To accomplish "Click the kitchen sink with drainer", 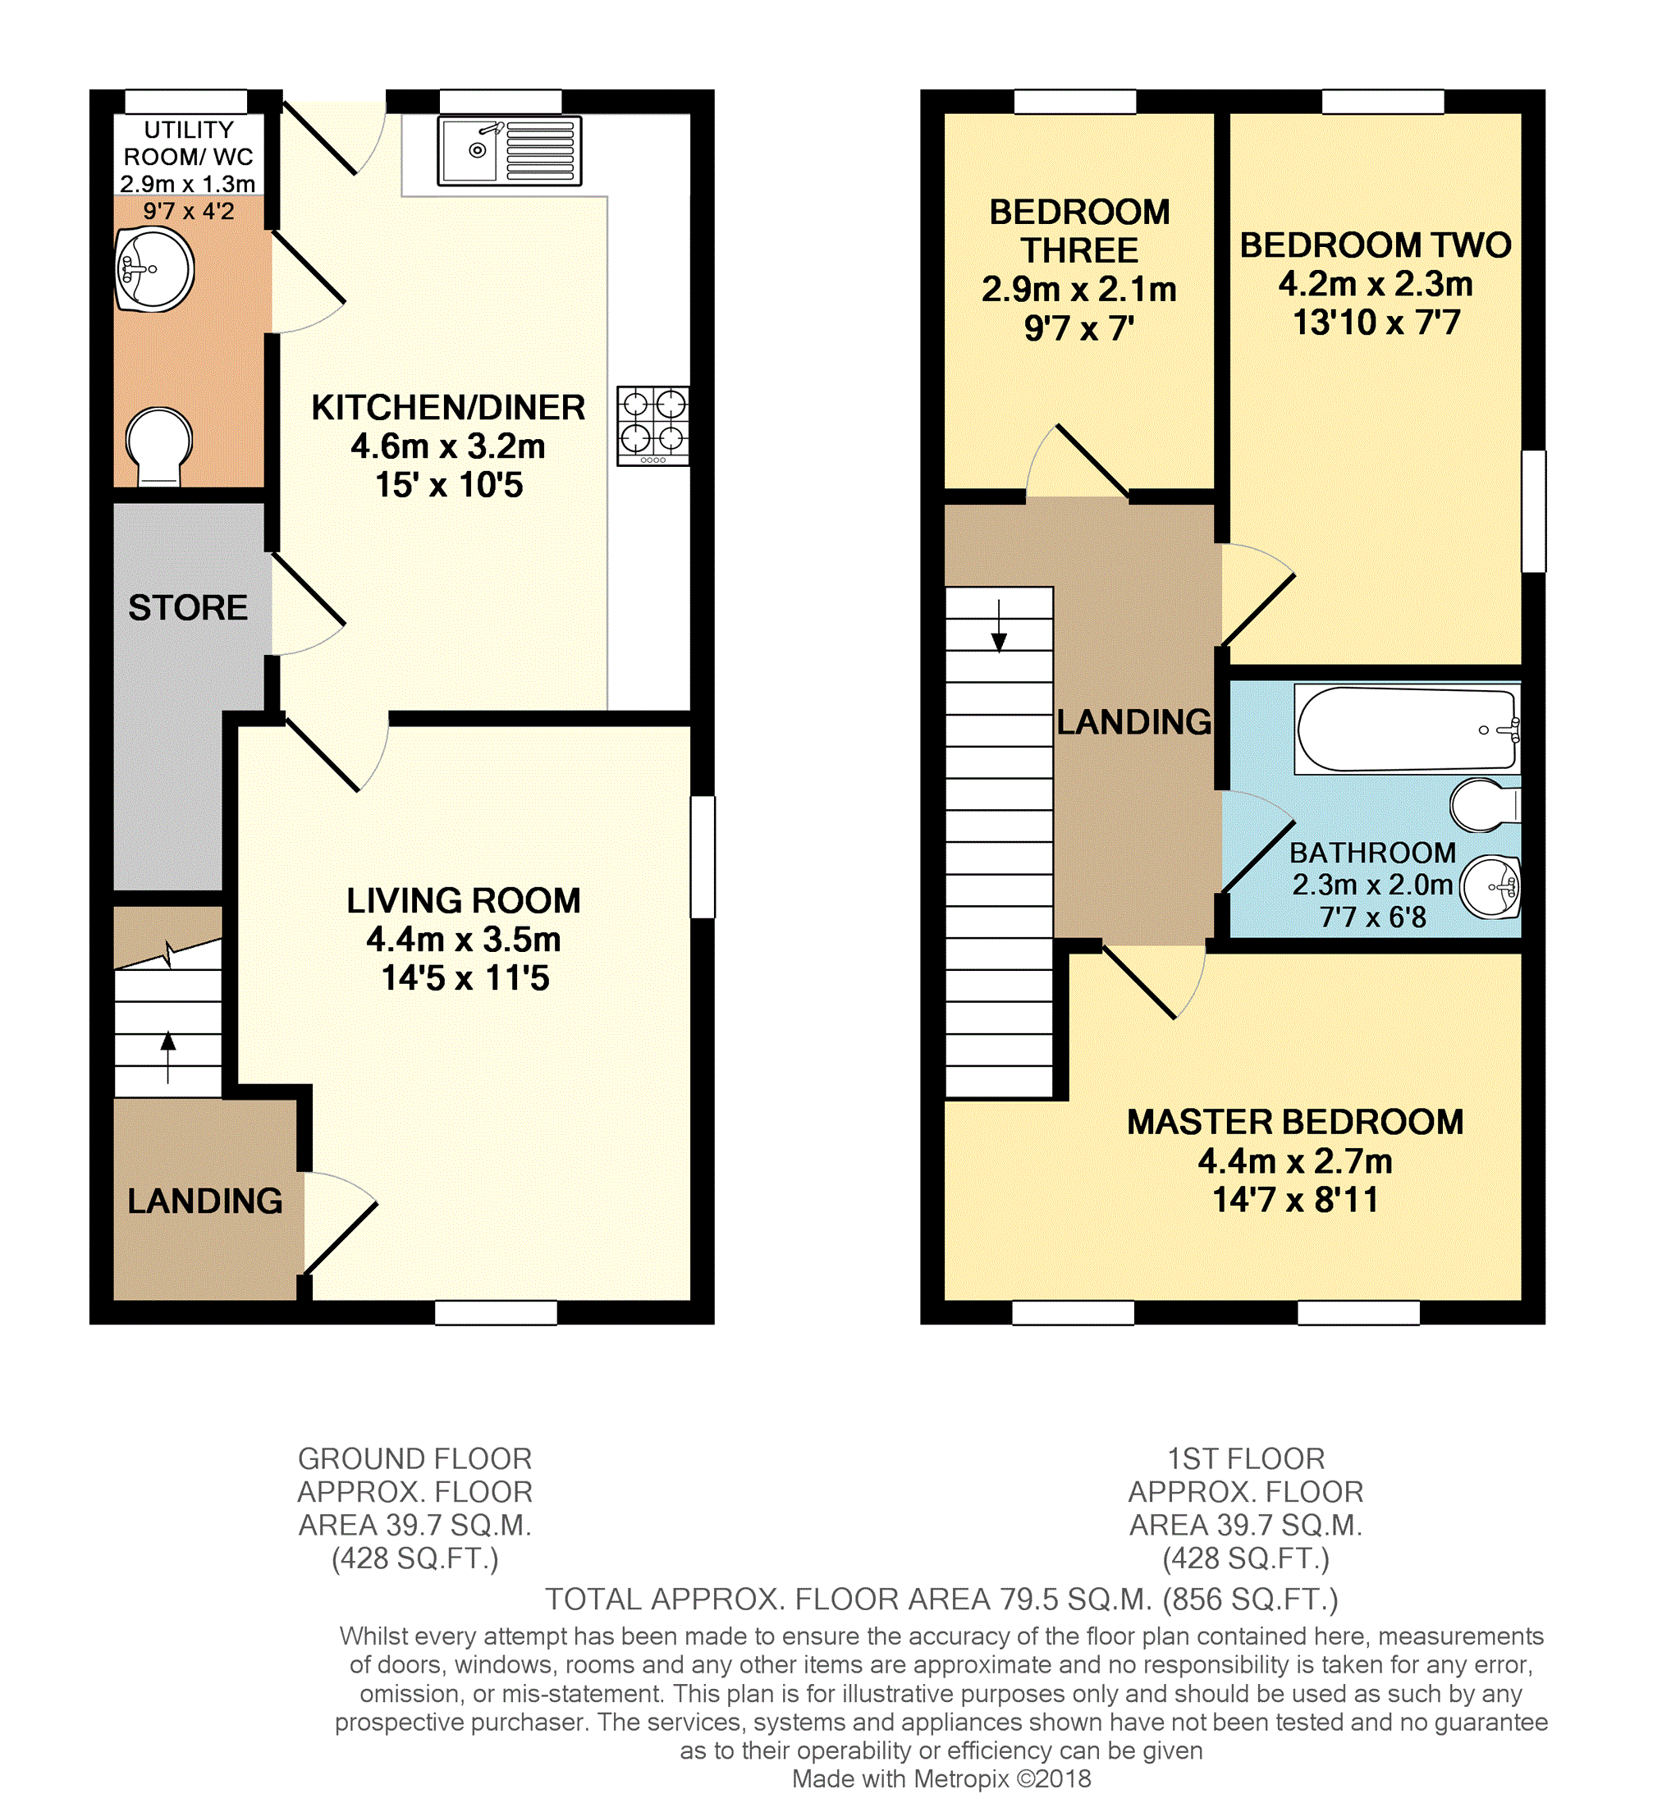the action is [x=509, y=151].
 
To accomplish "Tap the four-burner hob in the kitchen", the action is [x=653, y=426].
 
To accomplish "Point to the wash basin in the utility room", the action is [x=153, y=270].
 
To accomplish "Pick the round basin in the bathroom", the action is [x=1490, y=886].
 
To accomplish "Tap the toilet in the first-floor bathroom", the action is [x=1485, y=805].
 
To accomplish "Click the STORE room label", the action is [x=188, y=608].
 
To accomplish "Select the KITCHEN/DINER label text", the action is [x=448, y=407].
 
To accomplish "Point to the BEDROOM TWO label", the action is [x=1375, y=245].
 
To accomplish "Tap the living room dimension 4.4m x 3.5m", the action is [x=463, y=939].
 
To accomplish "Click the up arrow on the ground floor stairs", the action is [x=168, y=1058].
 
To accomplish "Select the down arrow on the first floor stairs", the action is [x=999, y=625].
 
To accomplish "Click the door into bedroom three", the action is [x=1078, y=460].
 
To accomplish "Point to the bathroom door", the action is [x=1257, y=843].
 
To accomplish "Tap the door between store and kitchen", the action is [x=308, y=604].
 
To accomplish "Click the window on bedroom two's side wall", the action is [x=1533, y=510].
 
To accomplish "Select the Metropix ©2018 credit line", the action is [x=941, y=1778].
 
